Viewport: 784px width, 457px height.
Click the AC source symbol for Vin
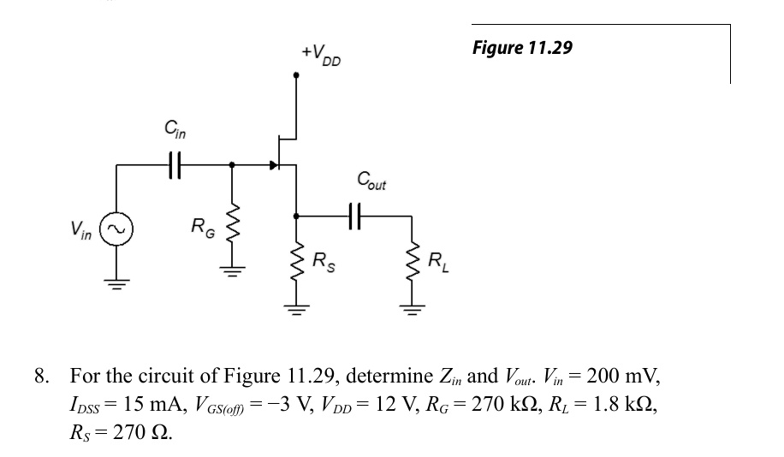click(116, 229)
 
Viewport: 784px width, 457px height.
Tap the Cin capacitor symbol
click(174, 164)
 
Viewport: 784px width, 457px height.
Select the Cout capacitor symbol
click(354, 216)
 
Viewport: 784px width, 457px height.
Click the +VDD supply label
click(321, 55)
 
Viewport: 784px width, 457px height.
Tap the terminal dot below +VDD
click(296, 75)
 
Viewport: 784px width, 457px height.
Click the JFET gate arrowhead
click(274, 164)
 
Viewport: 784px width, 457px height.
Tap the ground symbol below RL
click(413, 311)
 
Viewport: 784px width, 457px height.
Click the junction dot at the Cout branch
click(296, 216)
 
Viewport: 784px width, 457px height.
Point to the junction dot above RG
click(231, 164)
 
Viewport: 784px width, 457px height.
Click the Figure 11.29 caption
click(522, 49)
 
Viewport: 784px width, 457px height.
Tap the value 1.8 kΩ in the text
click(625, 404)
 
